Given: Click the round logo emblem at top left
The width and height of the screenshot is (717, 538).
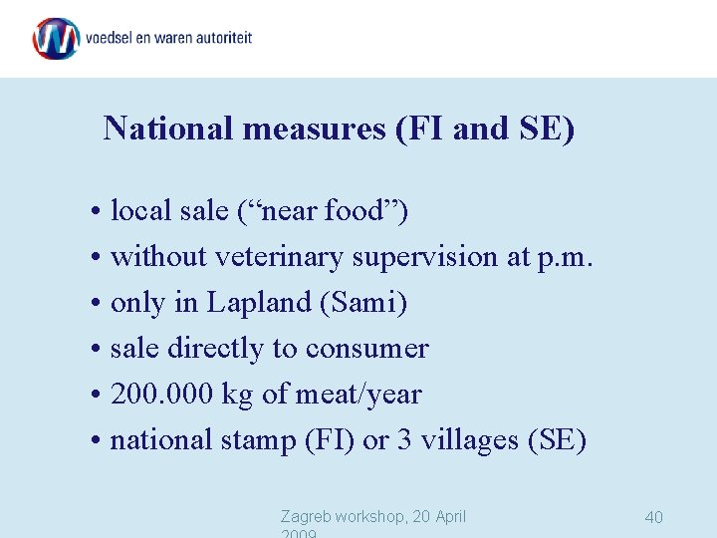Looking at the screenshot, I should point(56,39).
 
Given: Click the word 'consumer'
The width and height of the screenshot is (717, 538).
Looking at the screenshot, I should point(367,349).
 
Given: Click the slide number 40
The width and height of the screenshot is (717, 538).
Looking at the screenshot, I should point(653,517).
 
